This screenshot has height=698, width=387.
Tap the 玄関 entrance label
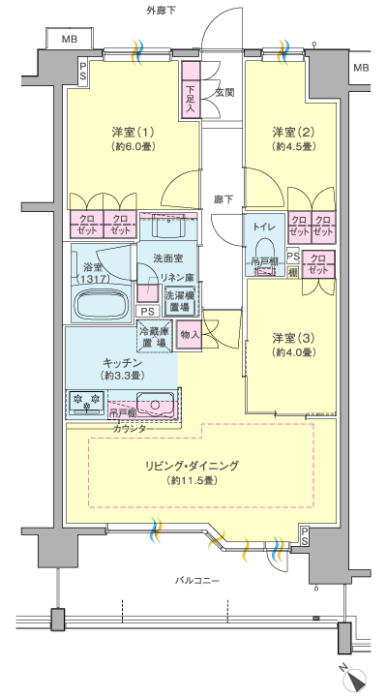coord(224,93)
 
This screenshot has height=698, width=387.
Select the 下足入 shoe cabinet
coord(191,89)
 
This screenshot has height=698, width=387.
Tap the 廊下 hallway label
coord(223,199)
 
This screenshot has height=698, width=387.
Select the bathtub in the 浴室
coord(100,304)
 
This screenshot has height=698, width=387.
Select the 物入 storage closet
coord(190,335)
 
